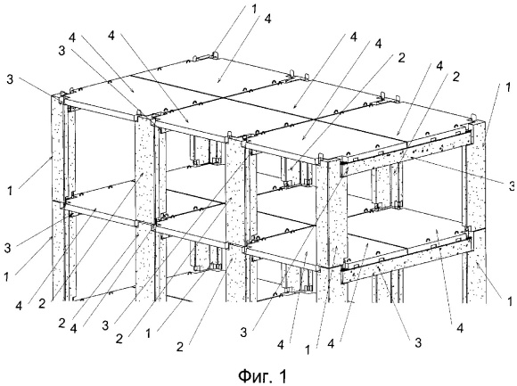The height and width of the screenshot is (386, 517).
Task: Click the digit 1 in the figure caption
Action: [x=283, y=375]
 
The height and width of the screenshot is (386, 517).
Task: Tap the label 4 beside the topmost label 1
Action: [x=267, y=19]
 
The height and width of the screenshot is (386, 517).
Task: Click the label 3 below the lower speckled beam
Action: [x=418, y=343]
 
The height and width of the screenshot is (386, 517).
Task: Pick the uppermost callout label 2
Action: [x=401, y=58]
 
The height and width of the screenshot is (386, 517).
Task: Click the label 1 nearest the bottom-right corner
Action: [x=510, y=301]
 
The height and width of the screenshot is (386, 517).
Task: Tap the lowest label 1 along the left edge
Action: [x=6, y=277]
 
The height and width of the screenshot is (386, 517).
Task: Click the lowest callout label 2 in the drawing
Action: [x=180, y=347]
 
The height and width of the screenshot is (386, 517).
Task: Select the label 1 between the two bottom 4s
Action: [x=308, y=350]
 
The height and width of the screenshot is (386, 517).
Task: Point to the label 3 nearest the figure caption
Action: [x=243, y=333]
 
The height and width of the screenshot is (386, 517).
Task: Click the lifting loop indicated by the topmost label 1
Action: [x=215, y=54]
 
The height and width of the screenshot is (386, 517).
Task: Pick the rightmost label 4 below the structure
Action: [x=460, y=328]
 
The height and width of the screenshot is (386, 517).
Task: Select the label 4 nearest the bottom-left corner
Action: [x=19, y=306]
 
